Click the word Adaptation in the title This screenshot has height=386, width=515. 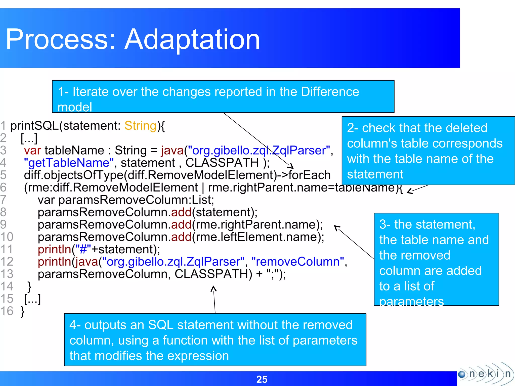(x=192, y=39)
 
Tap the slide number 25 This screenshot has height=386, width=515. (x=262, y=379)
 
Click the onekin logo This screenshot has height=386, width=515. (x=485, y=374)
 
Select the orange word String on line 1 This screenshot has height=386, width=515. (x=141, y=126)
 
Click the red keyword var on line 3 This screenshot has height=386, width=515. (x=32, y=151)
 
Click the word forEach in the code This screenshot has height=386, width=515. (x=309, y=175)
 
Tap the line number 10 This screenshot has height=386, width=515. (x=7, y=237)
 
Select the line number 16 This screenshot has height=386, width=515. (x=7, y=311)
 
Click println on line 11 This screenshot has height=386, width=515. (x=55, y=249)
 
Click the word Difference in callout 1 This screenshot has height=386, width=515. (x=330, y=92)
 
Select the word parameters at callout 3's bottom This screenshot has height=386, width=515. (x=411, y=301)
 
